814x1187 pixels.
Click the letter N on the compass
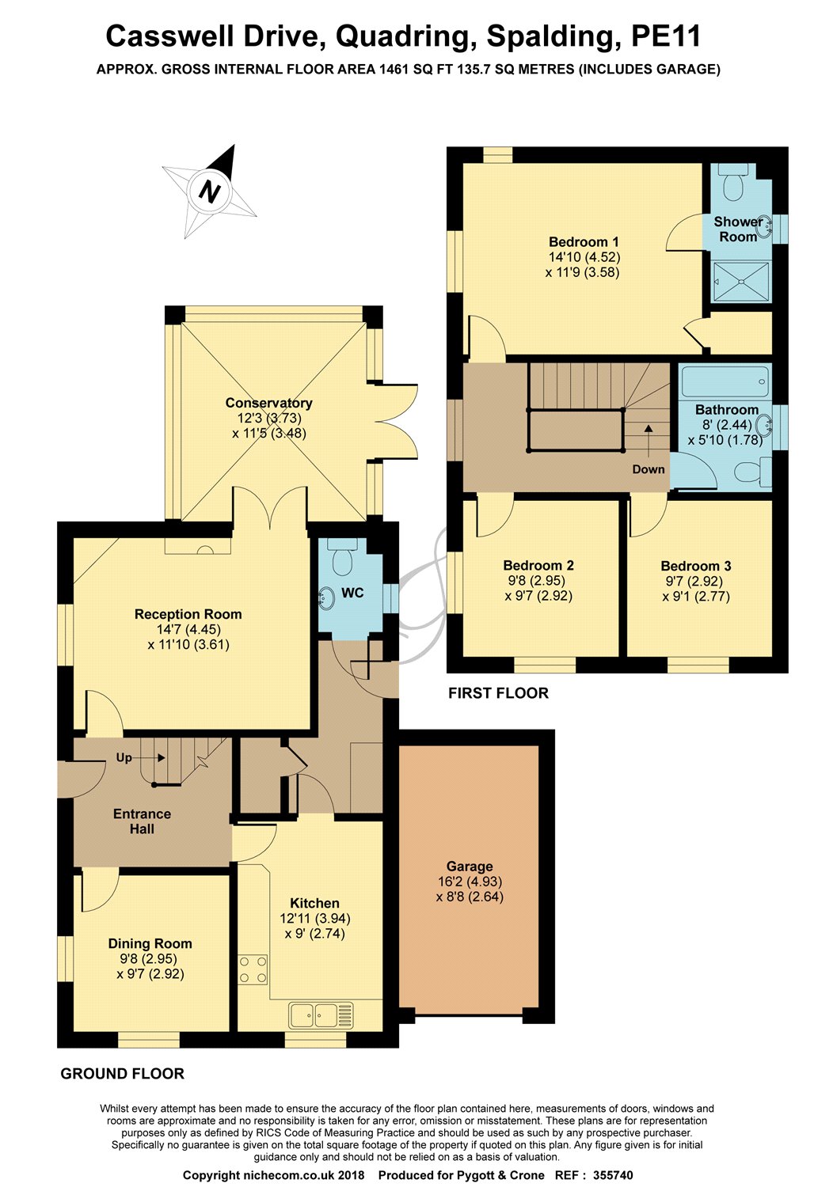pyautogui.click(x=210, y=192)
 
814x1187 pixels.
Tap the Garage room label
pyautogui.click(x=470, y=866)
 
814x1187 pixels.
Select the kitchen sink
pyautogui.click(x=321, y=1015)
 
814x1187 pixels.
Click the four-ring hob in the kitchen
pyautogui.click(x=253, y=969)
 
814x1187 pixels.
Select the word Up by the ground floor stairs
pyautogui.click(x=124, y=757)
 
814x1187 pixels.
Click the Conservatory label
pyautogui.click(x=269, y=403)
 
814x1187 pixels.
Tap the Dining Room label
pyautogui.click(x=150, y=943)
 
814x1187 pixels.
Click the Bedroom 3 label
pyautogui.click(x=696, y=566)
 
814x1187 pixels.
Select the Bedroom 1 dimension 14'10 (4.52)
pyautogui.click(x=584, y=257)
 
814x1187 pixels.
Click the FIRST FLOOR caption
pyautogui.click(x=499, y=693)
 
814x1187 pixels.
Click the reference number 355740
pyautogui.click(x=613, y=1175)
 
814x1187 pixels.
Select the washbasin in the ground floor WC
pyautogui.click(x=325, y=598)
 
